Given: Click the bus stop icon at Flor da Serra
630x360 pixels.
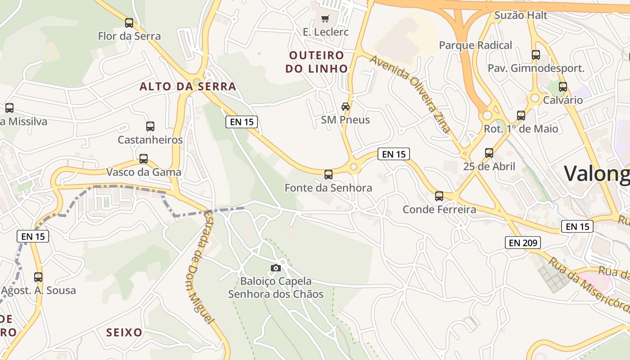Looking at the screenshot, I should pyautogui.click(x=129, y=22).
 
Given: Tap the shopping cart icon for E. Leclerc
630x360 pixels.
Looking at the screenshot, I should pyautogui.click(x=325, y=18).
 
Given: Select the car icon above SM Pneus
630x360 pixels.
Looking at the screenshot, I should pyautogui.click(x=345, y=106).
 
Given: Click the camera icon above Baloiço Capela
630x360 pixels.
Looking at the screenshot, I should pyautogui.click(x=276, y=268).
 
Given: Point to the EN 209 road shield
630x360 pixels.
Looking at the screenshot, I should pyautogui.click(x=522, y=243).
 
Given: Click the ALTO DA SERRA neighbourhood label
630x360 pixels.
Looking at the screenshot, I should pyautogui.click(x=188, y=86).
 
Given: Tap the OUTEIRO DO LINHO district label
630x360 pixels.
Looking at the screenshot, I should pyautogui.click(x=319, y=62).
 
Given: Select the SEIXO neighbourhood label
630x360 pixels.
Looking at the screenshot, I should pyautogui.click(x=124, y=333).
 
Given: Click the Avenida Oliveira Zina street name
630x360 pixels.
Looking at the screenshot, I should pyautogui.click(x=410, y=94).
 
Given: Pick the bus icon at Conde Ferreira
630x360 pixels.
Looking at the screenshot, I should pyautogui.click(x=439, y=196).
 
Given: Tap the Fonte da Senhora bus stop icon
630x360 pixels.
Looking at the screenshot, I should pyautogui.click(x=328, y=174).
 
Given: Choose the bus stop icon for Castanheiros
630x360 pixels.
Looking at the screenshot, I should pyautogui.click(x=150, y=126).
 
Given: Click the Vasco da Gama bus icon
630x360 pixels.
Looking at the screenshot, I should pyautogui.click(x=144, y=158).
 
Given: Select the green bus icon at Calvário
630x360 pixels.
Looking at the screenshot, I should pyautogui.click(x=563, y=86).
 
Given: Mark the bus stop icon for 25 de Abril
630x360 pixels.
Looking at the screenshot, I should pyautogui.click(x=489, y=153).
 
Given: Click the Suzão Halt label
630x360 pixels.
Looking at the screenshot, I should pyautogui.click(x=521, y=15).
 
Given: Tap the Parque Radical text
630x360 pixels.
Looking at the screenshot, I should pyautogui.click(x=475, y=45).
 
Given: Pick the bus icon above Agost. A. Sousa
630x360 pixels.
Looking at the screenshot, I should pyautogui.click(x=38, y=277).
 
